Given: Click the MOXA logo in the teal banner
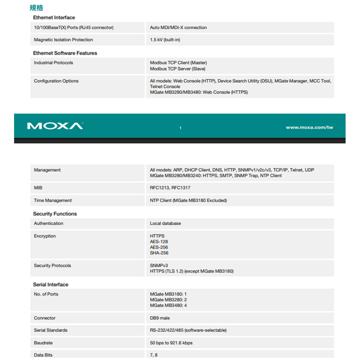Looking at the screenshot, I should click(55, 126).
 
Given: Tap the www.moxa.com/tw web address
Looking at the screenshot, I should click(309, 127).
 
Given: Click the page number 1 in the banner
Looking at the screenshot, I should click(180, 128).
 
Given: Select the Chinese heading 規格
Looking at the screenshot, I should click(36, 8).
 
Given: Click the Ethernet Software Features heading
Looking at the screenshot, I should click(65, 53).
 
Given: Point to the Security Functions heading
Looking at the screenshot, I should click(55, 214).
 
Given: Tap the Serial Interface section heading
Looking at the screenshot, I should click(50, 284).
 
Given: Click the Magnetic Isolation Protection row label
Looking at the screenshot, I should click(63, 40).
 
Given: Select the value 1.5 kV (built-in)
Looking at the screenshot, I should click(165, 40).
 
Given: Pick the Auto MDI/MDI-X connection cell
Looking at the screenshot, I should click(178, 27).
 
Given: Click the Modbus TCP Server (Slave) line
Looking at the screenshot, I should click(177, 69).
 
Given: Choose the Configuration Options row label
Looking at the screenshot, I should click(56, 81).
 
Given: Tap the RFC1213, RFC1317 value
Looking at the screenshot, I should click(170, 188).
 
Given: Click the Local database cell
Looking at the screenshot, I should click(165, 224).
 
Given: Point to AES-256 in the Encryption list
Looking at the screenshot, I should click(159, 247).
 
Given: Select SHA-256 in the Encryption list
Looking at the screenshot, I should click(159, 253).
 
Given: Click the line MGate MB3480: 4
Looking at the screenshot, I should click(168, 306).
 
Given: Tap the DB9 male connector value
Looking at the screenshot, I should click(160, 318).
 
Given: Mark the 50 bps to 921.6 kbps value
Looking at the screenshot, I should click(171, 343).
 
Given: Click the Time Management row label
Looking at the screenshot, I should click(53, 201).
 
